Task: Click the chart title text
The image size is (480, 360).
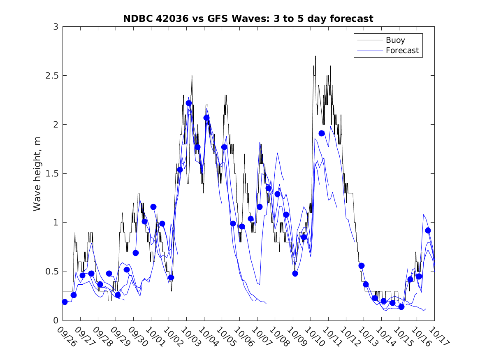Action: point(248,19)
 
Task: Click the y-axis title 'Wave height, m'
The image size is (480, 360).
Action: point(37,173)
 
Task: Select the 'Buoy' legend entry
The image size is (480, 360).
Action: point(395,40)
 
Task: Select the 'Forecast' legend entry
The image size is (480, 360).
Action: point(402,51)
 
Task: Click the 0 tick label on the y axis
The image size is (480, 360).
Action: point(55,321)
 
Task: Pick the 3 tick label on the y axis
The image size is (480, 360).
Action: point(55,27)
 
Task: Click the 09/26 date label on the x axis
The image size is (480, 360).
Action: point(67,336)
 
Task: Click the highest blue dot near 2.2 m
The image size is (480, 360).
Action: point(189,103)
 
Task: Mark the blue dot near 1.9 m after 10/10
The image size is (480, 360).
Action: point(322,133)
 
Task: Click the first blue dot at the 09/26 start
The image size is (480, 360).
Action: point(65,302)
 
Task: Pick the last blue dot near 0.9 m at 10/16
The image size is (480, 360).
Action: point(428,230)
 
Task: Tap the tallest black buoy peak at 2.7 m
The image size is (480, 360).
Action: point(315,56)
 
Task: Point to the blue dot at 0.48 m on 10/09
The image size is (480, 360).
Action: point(295,273)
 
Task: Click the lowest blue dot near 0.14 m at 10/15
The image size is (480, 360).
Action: point(401,307)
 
